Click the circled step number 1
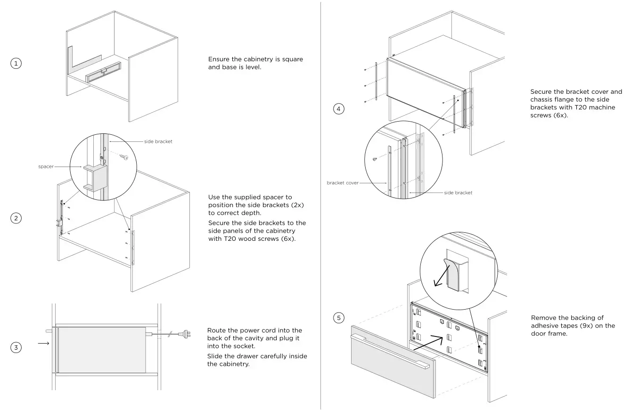[16, 63]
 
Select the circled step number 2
[16, 218]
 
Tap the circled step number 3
[16, 348]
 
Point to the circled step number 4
[339, 109]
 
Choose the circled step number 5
[339, 318]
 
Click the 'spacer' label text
[46, 166]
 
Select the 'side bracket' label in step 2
[158, 141]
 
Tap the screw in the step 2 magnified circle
[124, 157]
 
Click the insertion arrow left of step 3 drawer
[43, 344]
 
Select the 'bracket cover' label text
[343, 183]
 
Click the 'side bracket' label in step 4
[458, 193]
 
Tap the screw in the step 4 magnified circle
[374, 159]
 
